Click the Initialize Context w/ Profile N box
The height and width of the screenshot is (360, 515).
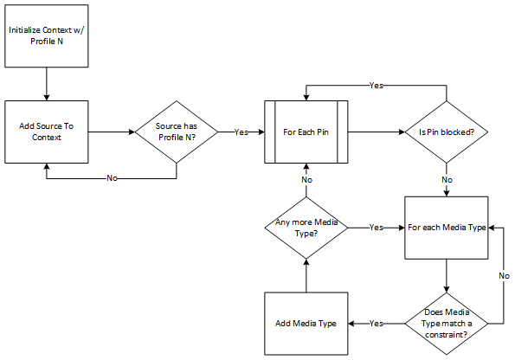click(x=47, y=35)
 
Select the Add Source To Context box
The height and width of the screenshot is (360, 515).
click(x=47, y=132)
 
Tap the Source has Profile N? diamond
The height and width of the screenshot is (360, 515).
click(x=177, y=132)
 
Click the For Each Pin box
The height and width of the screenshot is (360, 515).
click(x=306, y=132)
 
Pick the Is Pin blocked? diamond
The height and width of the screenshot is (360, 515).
click(x=447, y=132)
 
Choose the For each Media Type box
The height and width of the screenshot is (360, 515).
click(x=447, y=228)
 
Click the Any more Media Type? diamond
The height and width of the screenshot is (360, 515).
click(x=306, y=228)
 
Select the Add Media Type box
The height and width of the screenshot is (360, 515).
click(x=306, y=323)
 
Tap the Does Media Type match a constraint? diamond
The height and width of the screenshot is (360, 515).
click(x=447, y=323)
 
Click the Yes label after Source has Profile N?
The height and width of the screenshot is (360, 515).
click(x=241, y=132)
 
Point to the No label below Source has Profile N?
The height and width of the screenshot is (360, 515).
click(x=112, y=177)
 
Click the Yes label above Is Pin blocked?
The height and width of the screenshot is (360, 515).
click(x=377, y=86)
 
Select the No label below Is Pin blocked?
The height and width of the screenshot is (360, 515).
click(x=447, y=179)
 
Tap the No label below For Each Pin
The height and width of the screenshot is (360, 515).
click(x=306, y=179)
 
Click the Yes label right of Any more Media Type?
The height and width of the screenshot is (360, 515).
click(x=377, y=228)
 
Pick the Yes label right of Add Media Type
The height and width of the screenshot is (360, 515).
click(x=377, y=323)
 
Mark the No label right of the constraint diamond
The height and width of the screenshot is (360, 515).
click(x=504, y=275)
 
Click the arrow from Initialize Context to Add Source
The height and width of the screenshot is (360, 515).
click(x=47, y=83)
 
